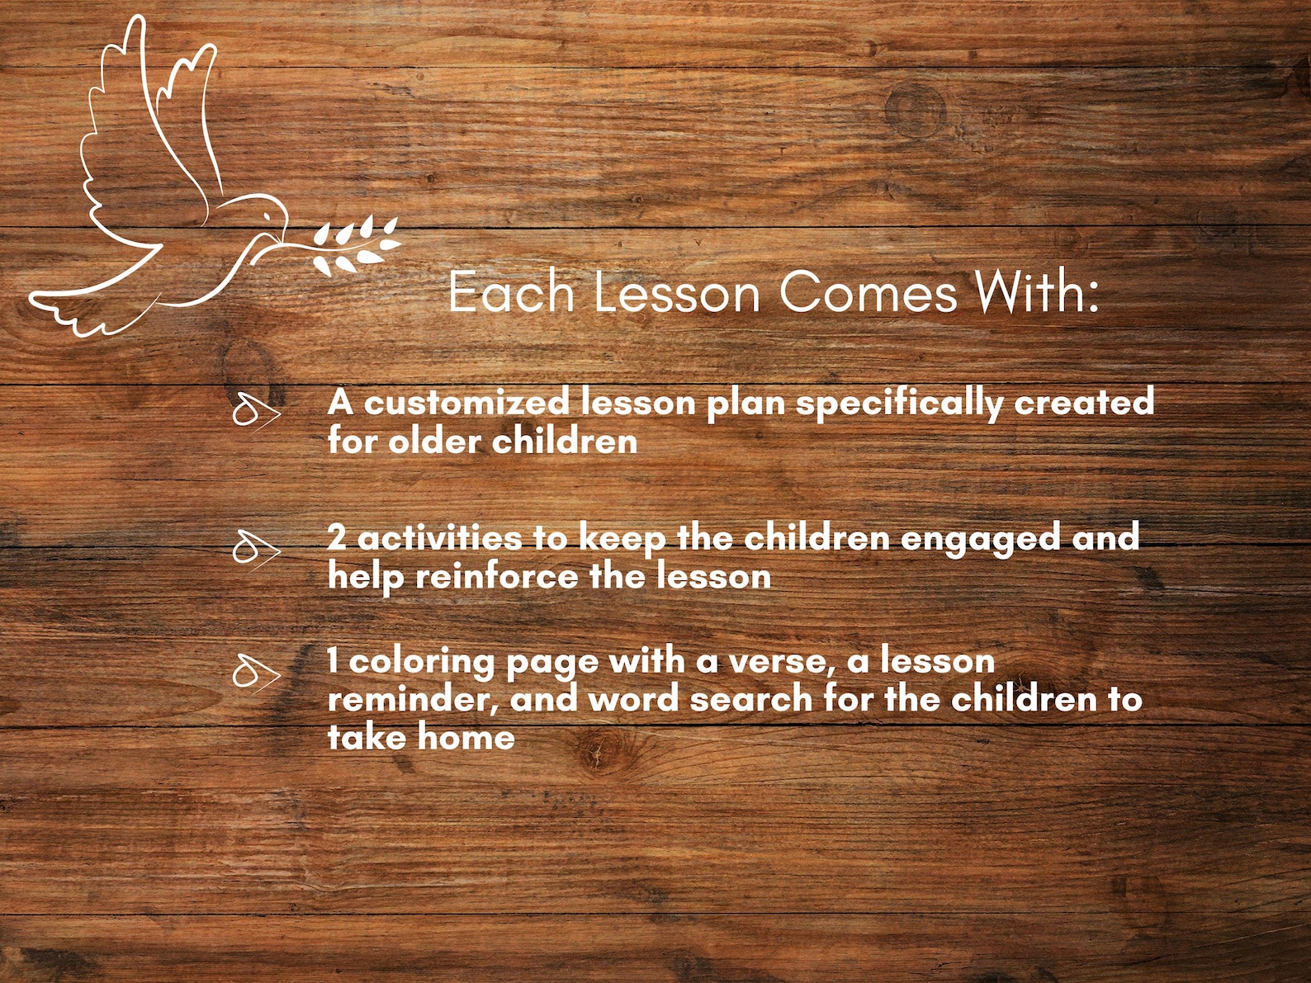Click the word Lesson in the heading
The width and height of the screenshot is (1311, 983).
click(x=676, y=293)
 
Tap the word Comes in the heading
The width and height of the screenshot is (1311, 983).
click(x=868, y=293)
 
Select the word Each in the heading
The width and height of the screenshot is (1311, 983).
click(x=511, y=293)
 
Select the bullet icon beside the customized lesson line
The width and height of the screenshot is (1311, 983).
click(x=254, y=410)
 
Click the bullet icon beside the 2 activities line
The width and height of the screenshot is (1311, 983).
click(x=254, y=547)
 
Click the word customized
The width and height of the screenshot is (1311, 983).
click(x=467, y=403)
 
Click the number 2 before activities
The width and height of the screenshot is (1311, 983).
click(x=337, y=537)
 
